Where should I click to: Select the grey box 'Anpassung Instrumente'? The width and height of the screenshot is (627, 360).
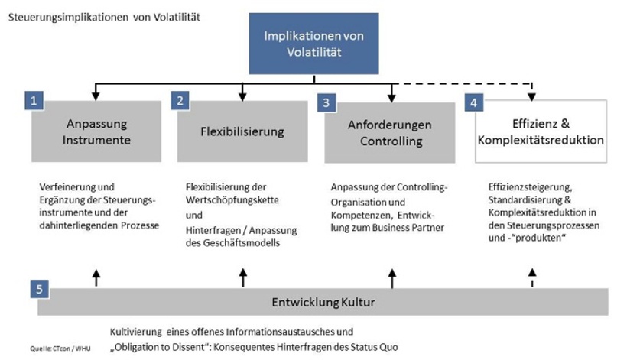click(96, 131)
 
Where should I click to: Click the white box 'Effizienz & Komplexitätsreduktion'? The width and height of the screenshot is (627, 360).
click(540, 131)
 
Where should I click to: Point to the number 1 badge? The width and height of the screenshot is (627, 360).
click(33, 100)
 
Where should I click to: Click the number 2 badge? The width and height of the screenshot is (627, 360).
click(180, 100)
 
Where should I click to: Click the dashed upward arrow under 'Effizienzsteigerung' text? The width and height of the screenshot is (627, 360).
click(533, 278)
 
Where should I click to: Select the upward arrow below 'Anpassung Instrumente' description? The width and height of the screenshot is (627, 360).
click(96, 277)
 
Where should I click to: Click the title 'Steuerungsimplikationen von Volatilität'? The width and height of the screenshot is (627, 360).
click(104, 16)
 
